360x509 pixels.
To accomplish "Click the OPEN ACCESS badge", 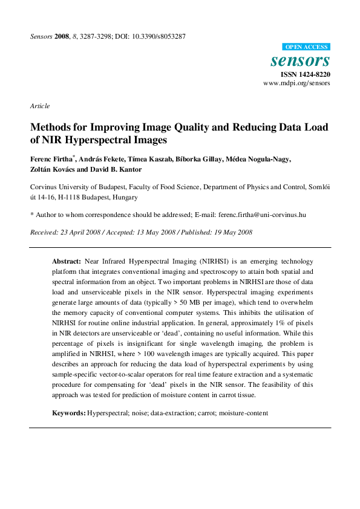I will click(x=307, y=47).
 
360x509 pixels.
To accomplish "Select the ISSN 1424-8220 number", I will click(x=305, y=74).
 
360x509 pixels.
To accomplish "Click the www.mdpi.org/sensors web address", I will click(x=296, y=83).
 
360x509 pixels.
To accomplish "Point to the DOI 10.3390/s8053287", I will click(x=156, y=37).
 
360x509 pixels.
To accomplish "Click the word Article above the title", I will click(x=40, y=106).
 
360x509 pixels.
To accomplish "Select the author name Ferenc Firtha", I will click(x=51, y=160).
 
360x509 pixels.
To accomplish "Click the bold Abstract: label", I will click(x=67, y=262).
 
